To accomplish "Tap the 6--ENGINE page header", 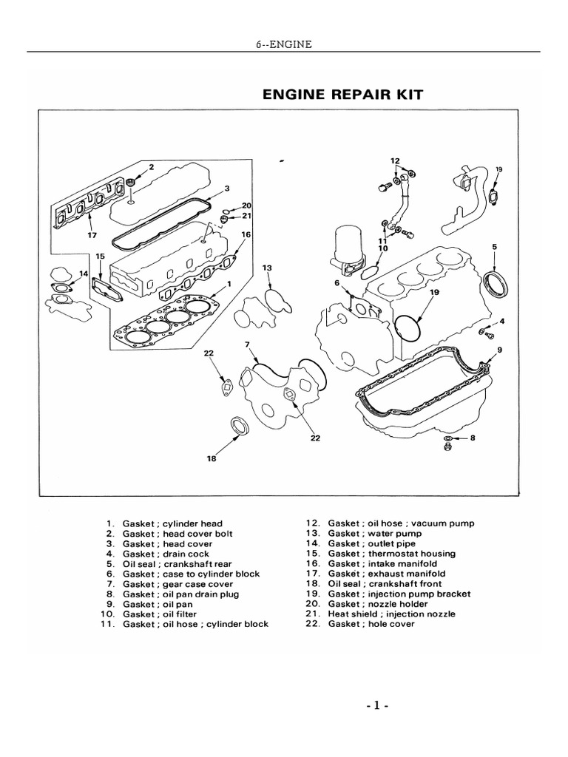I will tap(283, 44).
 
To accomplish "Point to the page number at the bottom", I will tap(376, 705).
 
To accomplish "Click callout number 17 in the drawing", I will tap(92, 237).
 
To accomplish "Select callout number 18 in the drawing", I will tap(212, 458).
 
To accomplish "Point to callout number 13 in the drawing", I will tap(267, 267).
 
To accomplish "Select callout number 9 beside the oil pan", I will tap(501, 349).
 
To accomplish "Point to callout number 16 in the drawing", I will tap(246, 234).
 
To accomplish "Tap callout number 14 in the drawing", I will tap(83, 273).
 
